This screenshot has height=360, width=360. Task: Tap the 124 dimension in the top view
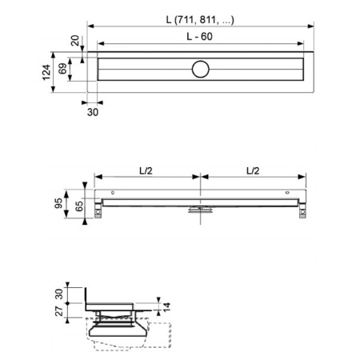[57, 75]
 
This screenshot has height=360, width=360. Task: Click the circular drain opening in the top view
[200, 70]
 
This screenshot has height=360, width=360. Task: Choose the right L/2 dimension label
[253, 170]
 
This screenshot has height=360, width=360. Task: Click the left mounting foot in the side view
[100, 210]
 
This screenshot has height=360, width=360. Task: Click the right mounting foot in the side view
[302, 210]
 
